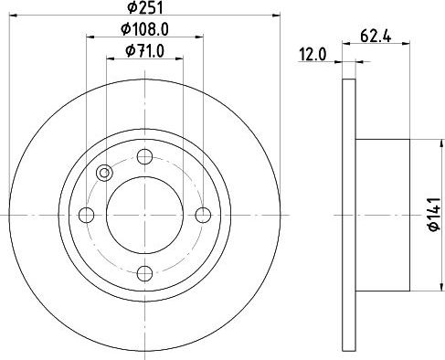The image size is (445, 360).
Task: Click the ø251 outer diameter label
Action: (145, 7)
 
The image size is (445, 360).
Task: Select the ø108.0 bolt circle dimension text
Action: (144, 29)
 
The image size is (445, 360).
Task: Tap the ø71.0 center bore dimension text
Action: (144, 51)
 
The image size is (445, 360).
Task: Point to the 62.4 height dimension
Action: (376, 37)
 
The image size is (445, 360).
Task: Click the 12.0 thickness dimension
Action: (313, 55)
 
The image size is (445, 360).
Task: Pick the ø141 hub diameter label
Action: (434, 214)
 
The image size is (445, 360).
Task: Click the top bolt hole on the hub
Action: (144, 157)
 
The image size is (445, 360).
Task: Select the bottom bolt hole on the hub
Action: (144, 273)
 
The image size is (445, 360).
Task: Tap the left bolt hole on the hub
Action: (87, 215)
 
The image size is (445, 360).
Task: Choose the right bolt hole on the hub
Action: (203, 215)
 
